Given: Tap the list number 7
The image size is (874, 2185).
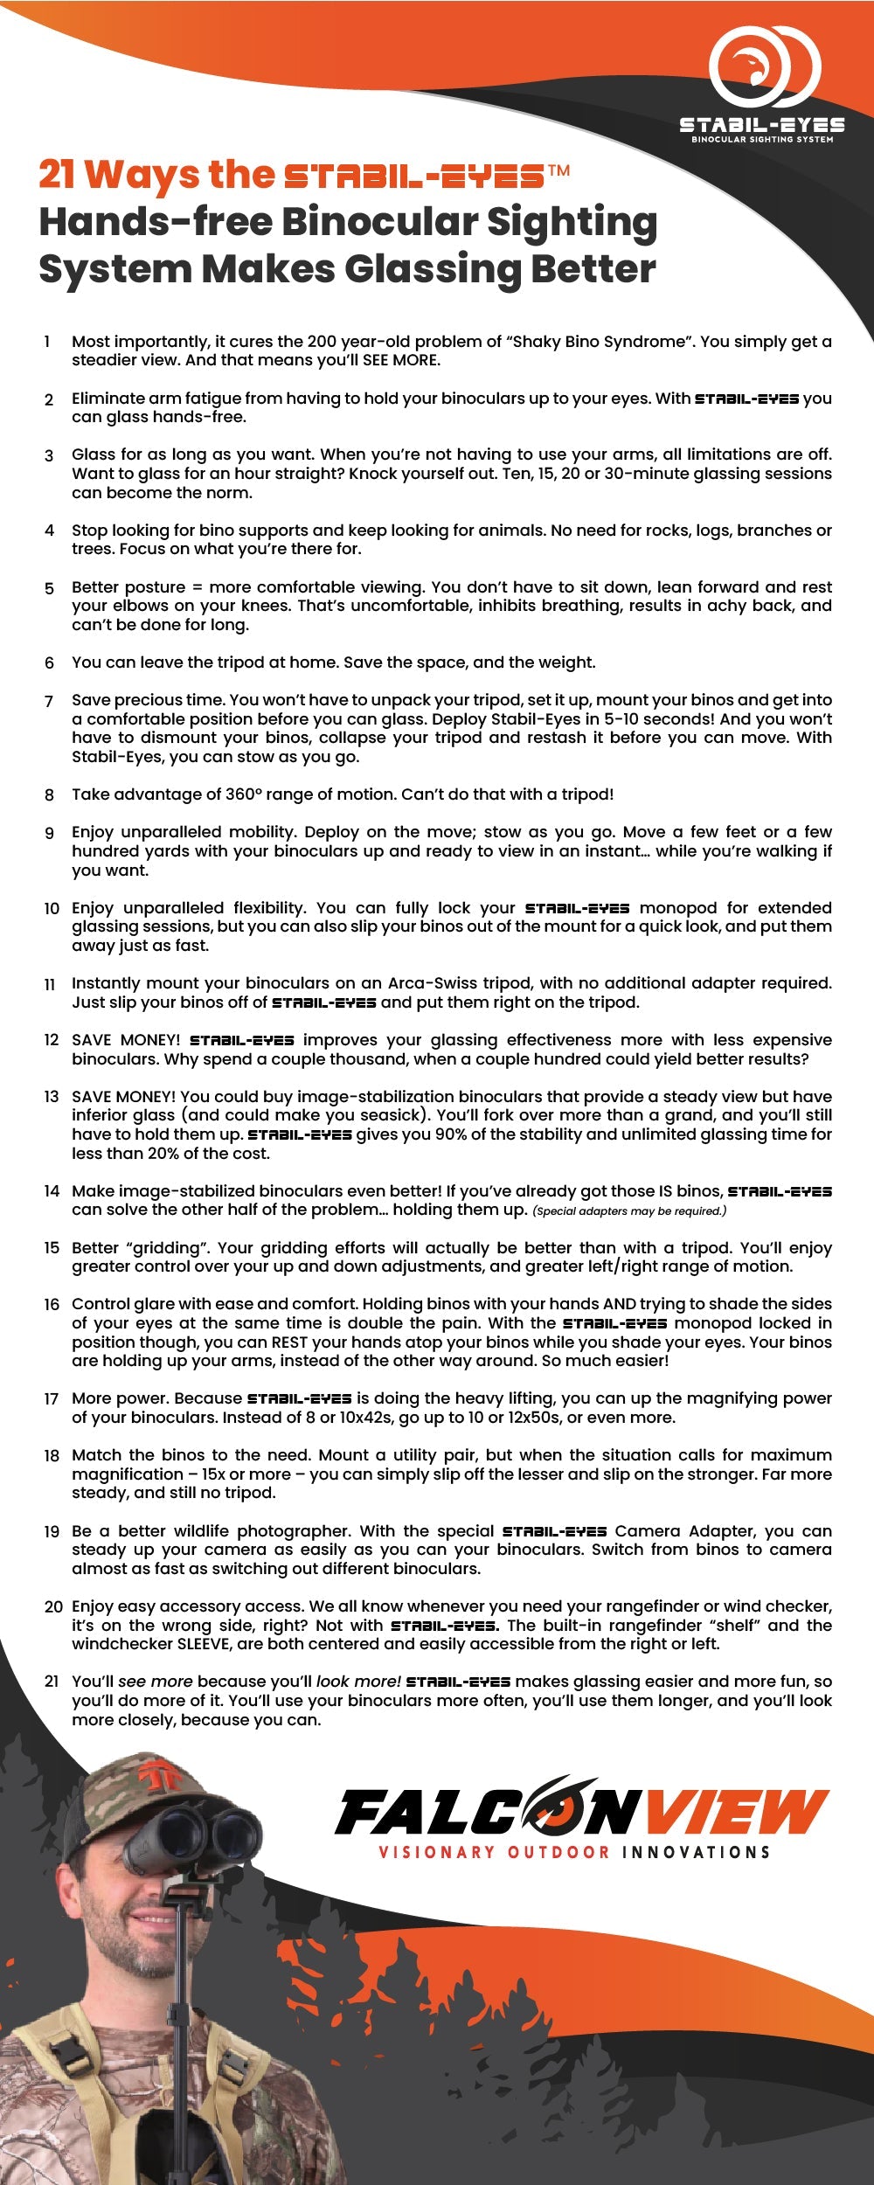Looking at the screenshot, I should (49, 701).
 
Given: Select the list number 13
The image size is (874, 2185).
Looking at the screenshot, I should (52, 1097).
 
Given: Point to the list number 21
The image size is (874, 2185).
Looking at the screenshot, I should (52, 1682).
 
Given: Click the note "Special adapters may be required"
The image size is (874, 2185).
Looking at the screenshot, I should (629, 1211).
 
